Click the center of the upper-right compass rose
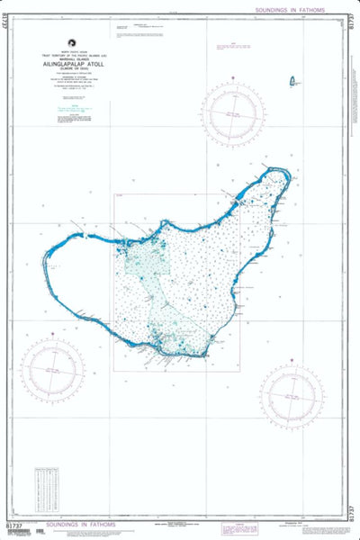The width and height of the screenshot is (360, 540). click(x=232, y=115)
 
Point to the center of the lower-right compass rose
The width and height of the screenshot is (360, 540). click(x=292, y=398)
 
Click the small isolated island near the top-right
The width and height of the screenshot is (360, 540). click(x=292, y=83)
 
